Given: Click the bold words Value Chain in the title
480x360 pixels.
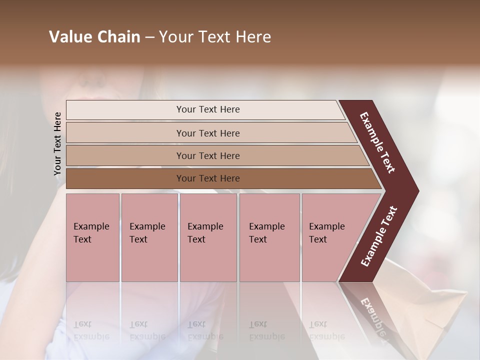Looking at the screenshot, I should point(94,37).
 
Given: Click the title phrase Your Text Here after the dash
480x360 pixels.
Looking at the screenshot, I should point(215,37).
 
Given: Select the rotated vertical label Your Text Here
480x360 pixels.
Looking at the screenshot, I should point(57,144).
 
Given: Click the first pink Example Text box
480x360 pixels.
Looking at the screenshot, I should point(92,237).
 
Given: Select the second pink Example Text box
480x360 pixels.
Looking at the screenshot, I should point(149,237).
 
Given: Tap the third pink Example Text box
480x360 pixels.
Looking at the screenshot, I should point(208,237).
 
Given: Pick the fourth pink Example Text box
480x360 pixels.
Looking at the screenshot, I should point(269,237).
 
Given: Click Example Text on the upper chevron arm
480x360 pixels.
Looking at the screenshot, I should point(377,142).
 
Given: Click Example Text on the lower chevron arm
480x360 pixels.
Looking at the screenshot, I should point(379,236).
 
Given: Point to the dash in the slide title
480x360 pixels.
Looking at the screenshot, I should point(149,37).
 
